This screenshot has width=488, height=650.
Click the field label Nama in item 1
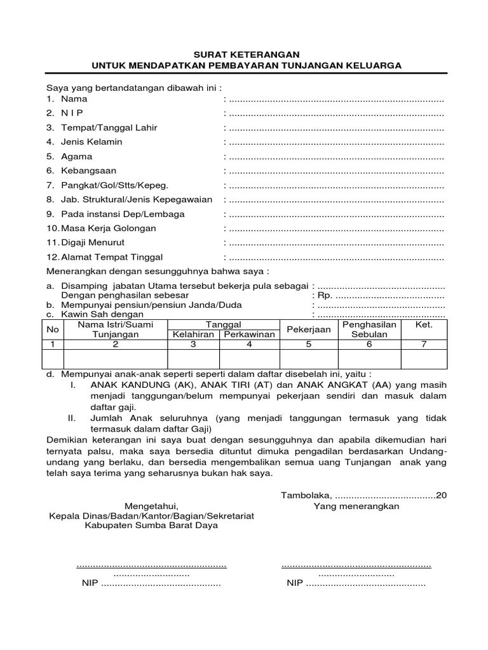coord(74,99)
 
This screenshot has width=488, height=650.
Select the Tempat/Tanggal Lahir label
coord(109,128)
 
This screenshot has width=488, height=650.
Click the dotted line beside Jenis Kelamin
coord(336,142)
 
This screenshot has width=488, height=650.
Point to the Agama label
coord(76,156)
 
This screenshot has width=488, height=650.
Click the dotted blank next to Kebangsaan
coord(336,171)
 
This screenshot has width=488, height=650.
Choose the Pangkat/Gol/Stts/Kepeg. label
coord(114,185)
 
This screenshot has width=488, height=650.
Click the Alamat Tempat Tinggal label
coord(112,257)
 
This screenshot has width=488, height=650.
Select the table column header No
coord(53,329)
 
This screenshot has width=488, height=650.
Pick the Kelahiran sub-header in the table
coord(192,335)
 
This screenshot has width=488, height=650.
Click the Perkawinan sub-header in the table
coord(248,335)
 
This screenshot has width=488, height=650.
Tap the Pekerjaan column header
coord(309,329)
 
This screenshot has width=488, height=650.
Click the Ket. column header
coord(423,324)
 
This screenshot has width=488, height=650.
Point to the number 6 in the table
coord(369,344)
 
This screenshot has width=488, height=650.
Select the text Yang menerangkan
coord(356,506)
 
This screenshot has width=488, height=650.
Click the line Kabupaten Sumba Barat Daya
coord(151,526)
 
